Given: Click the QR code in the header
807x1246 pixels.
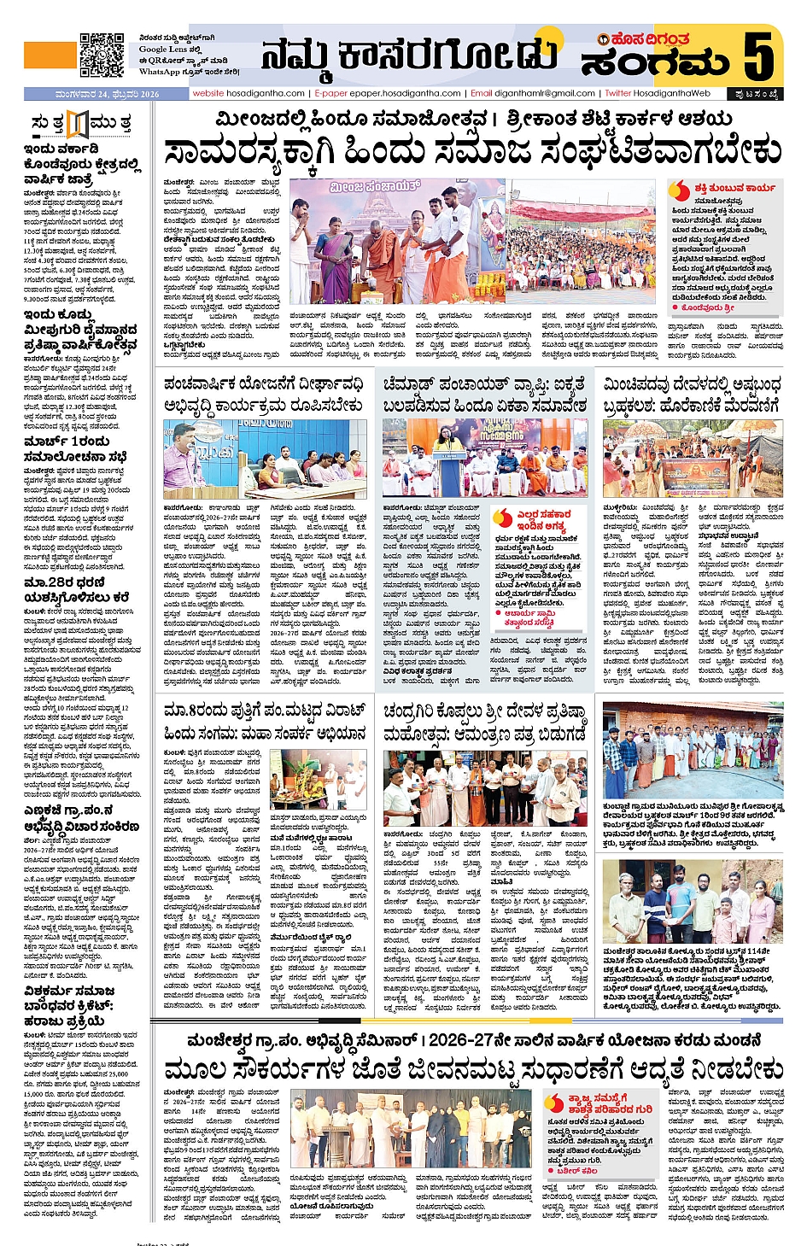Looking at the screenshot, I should click(102, 55).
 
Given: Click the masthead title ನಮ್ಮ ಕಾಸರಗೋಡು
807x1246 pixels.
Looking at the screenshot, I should click(409, 56).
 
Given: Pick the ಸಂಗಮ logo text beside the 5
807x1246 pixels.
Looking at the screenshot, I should click(655, 62).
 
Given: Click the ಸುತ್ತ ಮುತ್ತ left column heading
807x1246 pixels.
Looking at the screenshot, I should click(79, 124).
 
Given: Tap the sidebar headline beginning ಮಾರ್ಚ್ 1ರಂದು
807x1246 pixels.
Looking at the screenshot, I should click(67, 442).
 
